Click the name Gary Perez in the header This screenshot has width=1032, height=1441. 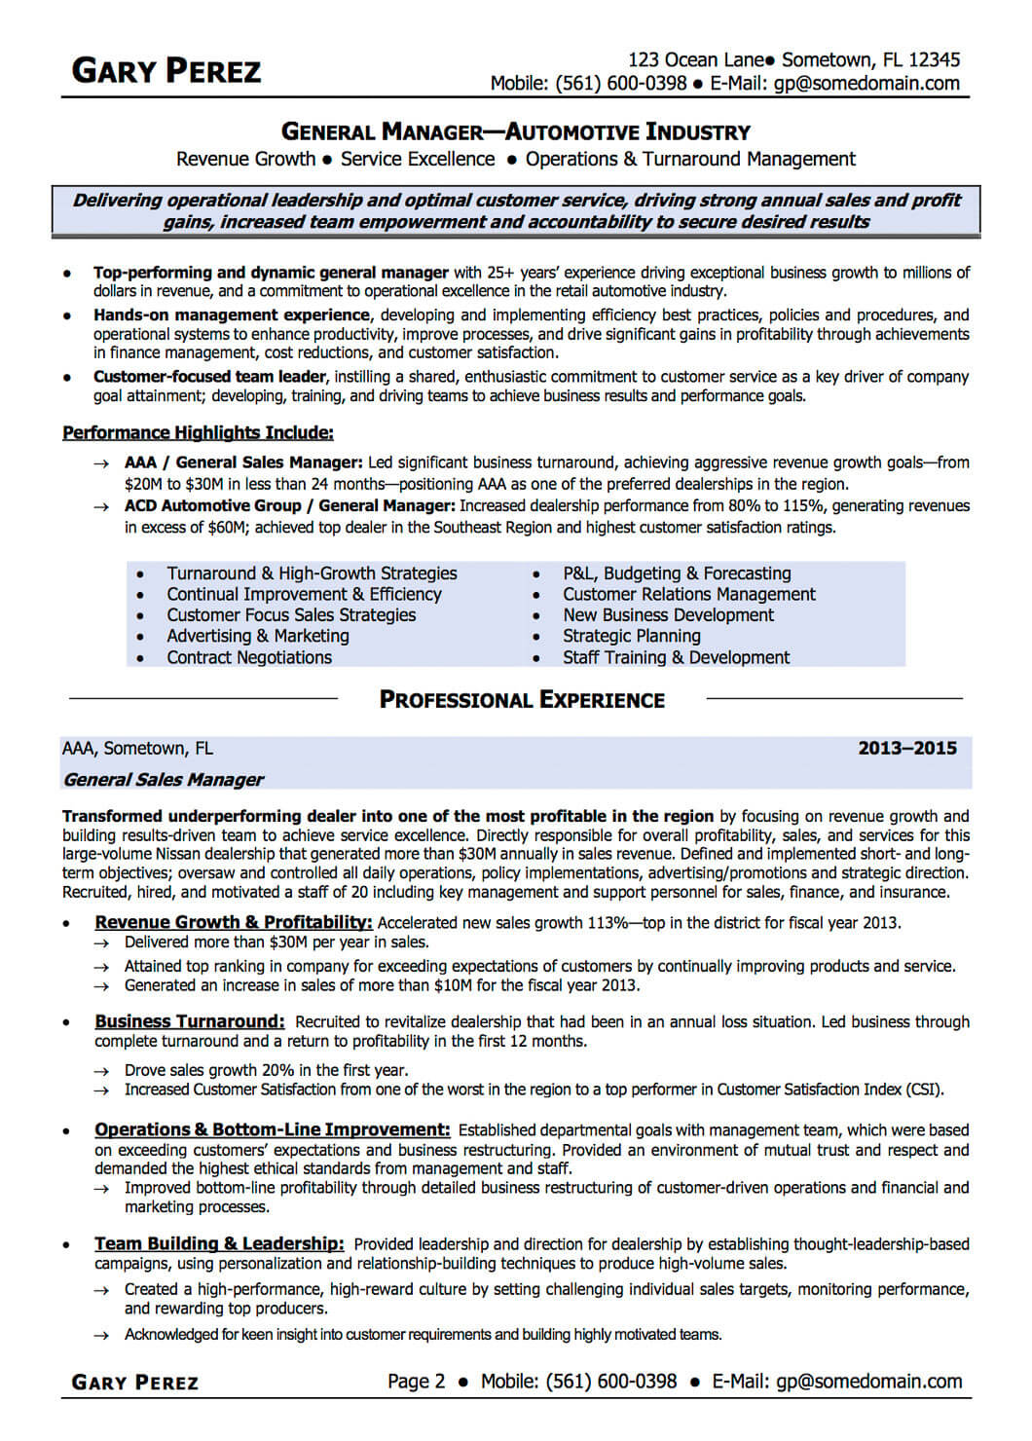pyautogui.click(x=166, y=71)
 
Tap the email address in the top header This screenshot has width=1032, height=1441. pyautogui.click(x=866, y=84)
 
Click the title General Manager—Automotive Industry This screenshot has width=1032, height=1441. pyautogui.click(x=516, y=131)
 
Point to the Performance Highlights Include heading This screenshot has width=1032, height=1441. pyautogui.click(x=198, y=432)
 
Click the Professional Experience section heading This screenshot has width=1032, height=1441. pyautogui.click(x=522, y=700)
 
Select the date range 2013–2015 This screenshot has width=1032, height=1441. pyautogui.click(x=906, y=748)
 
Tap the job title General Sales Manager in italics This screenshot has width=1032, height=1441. pyautogui.click(x=163, y=779)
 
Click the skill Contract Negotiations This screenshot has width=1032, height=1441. pyautogui.click(x=249, y=657)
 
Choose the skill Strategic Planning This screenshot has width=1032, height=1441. pyautogui.click(x=631, y=636)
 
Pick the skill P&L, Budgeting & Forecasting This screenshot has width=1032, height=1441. pyautogui.click(x=677, y=573)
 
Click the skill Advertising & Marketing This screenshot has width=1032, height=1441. pyautogui.click(x=257, y=636)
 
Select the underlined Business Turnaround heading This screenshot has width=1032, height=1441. pyautogui.click(x=190, y=1021)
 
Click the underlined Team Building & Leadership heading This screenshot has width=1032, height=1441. pyautogui.click(x=219, y=1243)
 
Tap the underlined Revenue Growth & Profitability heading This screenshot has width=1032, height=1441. pyautogui.click(x=234, y=922)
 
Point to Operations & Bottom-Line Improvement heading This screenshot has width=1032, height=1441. pyautogui.click(x=273, y=1129)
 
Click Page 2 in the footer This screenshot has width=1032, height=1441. pyautogui.click(x=416, y=1381)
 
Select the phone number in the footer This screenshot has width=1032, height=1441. pyautogui.click(x=610, y=1381)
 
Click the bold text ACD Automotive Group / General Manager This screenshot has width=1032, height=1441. pyautogui.click(x=289, y=505)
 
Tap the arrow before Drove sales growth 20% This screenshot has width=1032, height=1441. pyautogui.click(x=101, y=1070)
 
